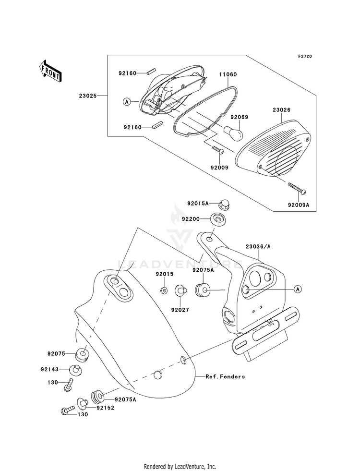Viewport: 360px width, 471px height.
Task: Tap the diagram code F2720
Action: pos(305,57)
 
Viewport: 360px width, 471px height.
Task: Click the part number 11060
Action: pos(228,75)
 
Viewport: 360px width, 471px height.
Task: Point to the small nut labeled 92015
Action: pos(164,290)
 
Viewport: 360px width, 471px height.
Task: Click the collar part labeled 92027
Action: pos(181,290)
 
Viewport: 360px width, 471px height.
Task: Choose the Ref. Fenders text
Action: pos(225,376)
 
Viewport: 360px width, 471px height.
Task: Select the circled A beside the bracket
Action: pos(298,289)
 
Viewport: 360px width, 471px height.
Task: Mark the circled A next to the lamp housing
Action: pos(127,101)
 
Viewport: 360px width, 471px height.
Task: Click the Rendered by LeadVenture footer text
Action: pos(180,466)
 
